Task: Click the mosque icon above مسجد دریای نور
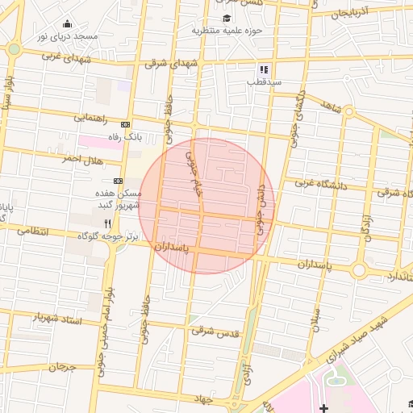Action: pyautogui.click(x=66, y=23)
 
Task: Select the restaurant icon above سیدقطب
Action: pyautogui.click(x=263, y=69)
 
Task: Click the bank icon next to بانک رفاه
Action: pyautogui.click(x=124, y=124)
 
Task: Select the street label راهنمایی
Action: pyautogui.click(x=92, y=117)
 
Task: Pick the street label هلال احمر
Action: pyautogui.click(x=84, y=159)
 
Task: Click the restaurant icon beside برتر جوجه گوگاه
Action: pyautogui.click(x=107, y=223)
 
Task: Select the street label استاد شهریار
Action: pyautogui.click(x=56, y=319)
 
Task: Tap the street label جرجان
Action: pyautogui.click(x=60, y=367)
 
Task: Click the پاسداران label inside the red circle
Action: pyautogui.click(x=173, y=246)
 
